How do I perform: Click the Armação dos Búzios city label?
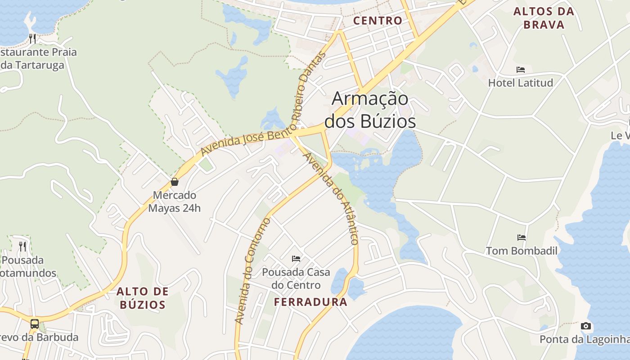pyautogui.click(x=370, y=110)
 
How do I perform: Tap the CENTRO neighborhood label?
pyautogui.click(x=378, y=20)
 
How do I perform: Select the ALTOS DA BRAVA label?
pyautogui.click(x=544, y=18)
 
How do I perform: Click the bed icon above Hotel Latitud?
pyautogui.click(x=521, y=70)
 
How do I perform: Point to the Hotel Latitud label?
pyautogui.click(x=521, y=83)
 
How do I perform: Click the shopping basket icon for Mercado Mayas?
pyautogui.click(x=175, y=182)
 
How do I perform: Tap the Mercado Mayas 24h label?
pyautogui.click(x=175, y=202)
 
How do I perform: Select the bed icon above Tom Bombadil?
pyautogui.click(x=522, y=237)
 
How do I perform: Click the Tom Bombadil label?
pyautogui.click(x=522, y=251)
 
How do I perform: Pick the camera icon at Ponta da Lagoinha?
pyautogui.click(x=585, y=326)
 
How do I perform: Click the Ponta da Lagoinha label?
pyautogui.click(x=584, y=339)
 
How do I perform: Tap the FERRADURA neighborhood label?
pyautogui.click(x=310, y=302)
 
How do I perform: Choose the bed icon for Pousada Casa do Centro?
pyautogui.click(x=296, y=258)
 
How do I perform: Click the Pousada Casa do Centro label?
pyautogui.click(x=296, y=279)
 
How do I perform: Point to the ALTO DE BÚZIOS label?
pyautogui.click(x=143, y=298)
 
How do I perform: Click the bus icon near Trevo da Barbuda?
pyautogui.click(x=35, y=324)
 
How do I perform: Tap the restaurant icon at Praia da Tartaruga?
pyautogui.click(x=32, y=38)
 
